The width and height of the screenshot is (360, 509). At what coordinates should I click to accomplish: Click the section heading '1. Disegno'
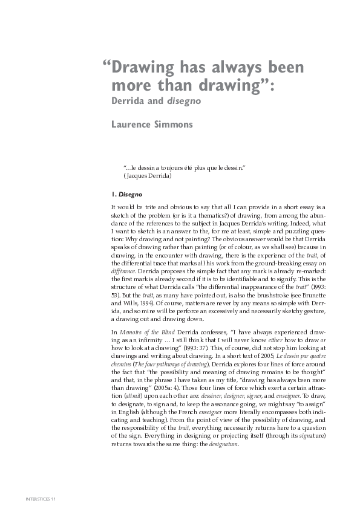pyautogui.click(x=126, y=195)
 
